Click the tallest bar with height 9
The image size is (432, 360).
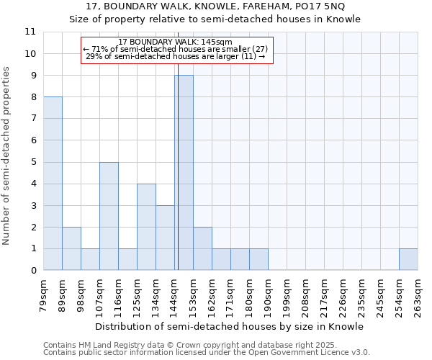184,173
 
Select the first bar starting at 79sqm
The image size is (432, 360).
53,184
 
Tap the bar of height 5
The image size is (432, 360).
109,216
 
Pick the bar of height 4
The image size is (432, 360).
146,227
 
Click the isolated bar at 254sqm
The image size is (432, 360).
408,260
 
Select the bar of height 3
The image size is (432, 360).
165,238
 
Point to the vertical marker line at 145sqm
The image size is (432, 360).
176,144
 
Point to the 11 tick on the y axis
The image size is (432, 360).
30,32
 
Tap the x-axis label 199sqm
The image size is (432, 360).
287,295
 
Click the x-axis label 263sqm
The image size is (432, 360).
418,295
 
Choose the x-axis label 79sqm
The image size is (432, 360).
44,295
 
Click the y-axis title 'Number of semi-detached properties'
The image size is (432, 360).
7,156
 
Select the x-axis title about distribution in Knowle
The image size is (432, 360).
230,326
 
